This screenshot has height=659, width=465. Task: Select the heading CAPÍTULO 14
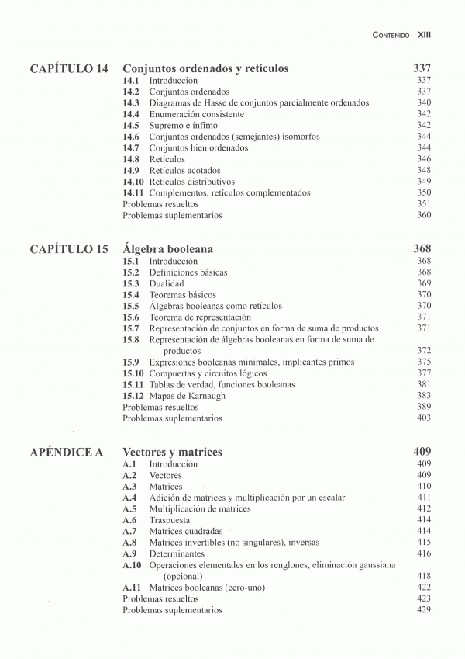coord(68,68)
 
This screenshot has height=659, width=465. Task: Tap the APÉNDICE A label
coord(67,452)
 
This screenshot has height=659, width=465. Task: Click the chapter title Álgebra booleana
coord(167,249)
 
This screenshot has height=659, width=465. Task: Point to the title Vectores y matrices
coord(172,452)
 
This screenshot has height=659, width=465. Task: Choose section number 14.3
coord(131,103)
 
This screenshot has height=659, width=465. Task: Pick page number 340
coord(423,103)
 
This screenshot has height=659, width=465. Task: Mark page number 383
coord(423,396)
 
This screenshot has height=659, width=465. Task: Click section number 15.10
coord(133,373)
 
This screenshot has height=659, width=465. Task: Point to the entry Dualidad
coord(167,284)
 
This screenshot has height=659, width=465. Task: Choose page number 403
coord(423,418)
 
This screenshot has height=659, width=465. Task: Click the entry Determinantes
coord(177,554)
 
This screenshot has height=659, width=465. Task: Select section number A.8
coord(129,543)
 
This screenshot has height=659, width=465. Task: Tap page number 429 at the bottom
coord(423,610)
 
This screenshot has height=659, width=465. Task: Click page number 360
coord(423,215)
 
